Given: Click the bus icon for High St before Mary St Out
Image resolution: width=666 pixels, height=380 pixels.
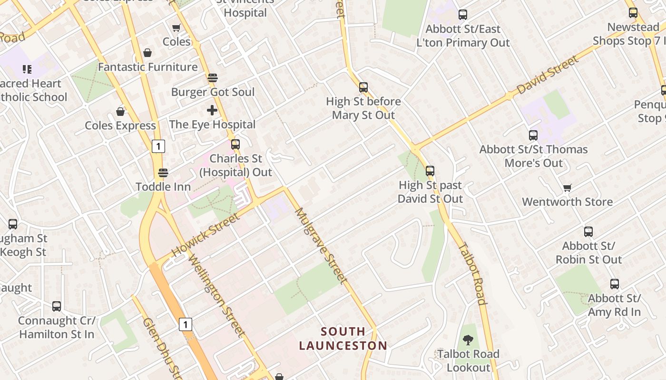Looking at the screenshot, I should click(363, 87).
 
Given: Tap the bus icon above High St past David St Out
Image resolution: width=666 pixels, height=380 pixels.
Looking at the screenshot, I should click(430, 171).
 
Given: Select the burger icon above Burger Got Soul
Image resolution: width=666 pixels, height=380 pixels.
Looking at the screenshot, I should click(213, 78).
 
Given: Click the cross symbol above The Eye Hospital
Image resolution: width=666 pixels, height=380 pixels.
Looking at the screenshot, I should click(212, 111).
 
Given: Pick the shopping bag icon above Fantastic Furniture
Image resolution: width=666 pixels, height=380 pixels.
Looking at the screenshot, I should click(147, 53).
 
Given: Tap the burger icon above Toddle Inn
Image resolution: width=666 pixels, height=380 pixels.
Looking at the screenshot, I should click(163, 173).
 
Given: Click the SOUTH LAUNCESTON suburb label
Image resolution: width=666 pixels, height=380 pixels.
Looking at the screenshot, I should click(343, 338).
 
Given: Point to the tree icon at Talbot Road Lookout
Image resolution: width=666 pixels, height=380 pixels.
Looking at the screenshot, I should click(468, 340).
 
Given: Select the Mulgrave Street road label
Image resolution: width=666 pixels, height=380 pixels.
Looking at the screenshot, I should click(321, 246).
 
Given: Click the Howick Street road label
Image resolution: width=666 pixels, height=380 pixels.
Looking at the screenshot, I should click(206, 235).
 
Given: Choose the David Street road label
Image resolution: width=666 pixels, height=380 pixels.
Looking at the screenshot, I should click(548, 75).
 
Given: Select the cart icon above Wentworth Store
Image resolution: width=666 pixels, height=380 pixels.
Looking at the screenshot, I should click(567, 188).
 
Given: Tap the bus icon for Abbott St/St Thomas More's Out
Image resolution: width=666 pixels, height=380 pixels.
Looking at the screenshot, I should click(533, 135).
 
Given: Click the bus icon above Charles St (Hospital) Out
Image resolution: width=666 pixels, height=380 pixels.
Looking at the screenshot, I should click(235, 144).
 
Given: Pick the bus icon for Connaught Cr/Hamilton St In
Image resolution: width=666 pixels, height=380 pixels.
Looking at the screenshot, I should click(57, 306).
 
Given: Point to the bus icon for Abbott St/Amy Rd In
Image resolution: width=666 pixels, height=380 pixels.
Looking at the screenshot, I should click(615, 285).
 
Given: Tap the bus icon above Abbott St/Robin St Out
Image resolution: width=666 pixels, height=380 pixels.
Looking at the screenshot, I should click(588, 232).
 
